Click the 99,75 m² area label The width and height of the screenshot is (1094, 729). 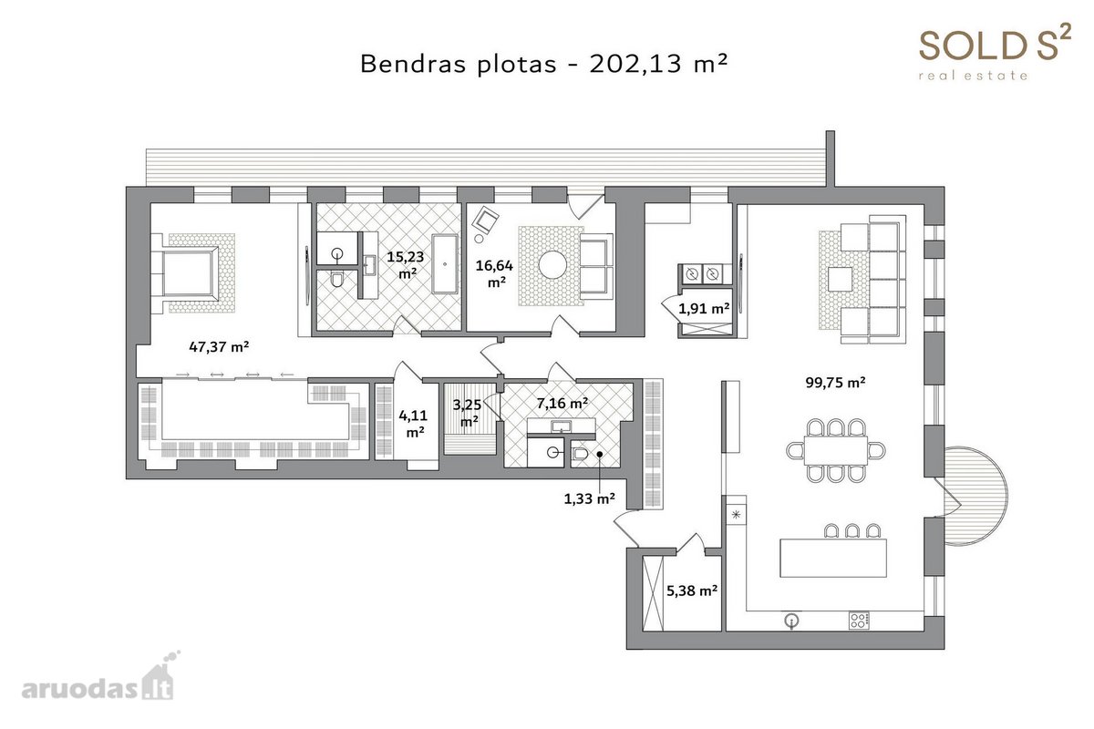(835, 383)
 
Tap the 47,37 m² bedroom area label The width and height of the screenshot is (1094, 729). (219, 346)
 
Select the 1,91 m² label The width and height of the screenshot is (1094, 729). (704, 308)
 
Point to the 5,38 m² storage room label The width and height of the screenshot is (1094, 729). (692, 590)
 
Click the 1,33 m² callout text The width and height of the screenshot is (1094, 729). (589, 498)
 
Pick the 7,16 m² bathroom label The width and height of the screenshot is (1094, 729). (562, 404)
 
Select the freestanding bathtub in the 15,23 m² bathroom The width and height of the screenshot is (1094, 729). (445, 263)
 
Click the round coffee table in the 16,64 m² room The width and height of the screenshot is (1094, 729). (552, 264)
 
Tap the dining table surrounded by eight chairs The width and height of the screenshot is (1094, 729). (835, 450)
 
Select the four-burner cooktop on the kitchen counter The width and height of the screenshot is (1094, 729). (859, 621)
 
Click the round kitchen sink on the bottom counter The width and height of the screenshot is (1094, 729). (791, 621)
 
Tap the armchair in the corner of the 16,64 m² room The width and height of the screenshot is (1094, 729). (485, 221)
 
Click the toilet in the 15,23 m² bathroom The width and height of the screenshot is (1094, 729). (336, 280)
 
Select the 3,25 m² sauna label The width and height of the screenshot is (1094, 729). (467, 413)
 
